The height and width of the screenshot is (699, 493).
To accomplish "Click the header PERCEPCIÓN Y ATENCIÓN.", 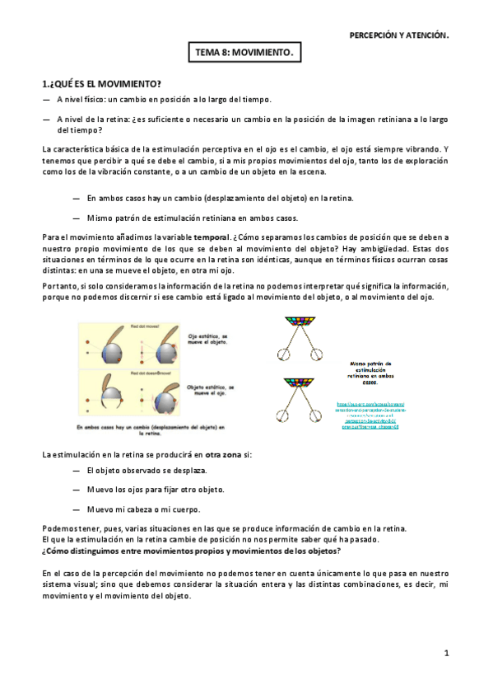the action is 399,35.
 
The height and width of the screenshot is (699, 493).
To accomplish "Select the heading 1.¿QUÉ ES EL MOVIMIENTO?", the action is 101,84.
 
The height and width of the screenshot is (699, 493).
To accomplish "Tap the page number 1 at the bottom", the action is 445,653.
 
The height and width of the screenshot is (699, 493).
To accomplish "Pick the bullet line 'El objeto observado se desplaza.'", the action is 147,470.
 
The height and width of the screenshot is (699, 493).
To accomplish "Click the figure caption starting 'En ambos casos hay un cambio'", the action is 151,430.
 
